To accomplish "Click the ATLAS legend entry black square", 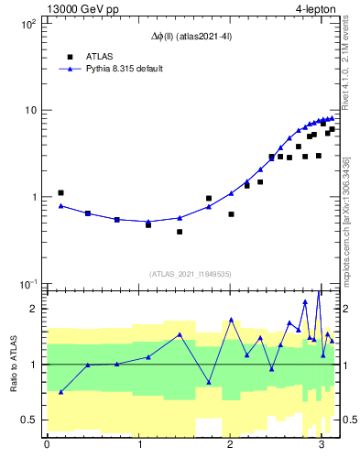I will tap(69, 56).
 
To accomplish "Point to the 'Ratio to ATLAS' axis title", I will tap(14, 364).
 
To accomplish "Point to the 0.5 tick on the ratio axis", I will tap(27, 420).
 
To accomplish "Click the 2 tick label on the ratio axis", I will tap(33, 309).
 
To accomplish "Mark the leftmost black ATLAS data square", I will tap(60, 193).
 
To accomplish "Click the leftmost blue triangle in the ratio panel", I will tap(60, 392).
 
